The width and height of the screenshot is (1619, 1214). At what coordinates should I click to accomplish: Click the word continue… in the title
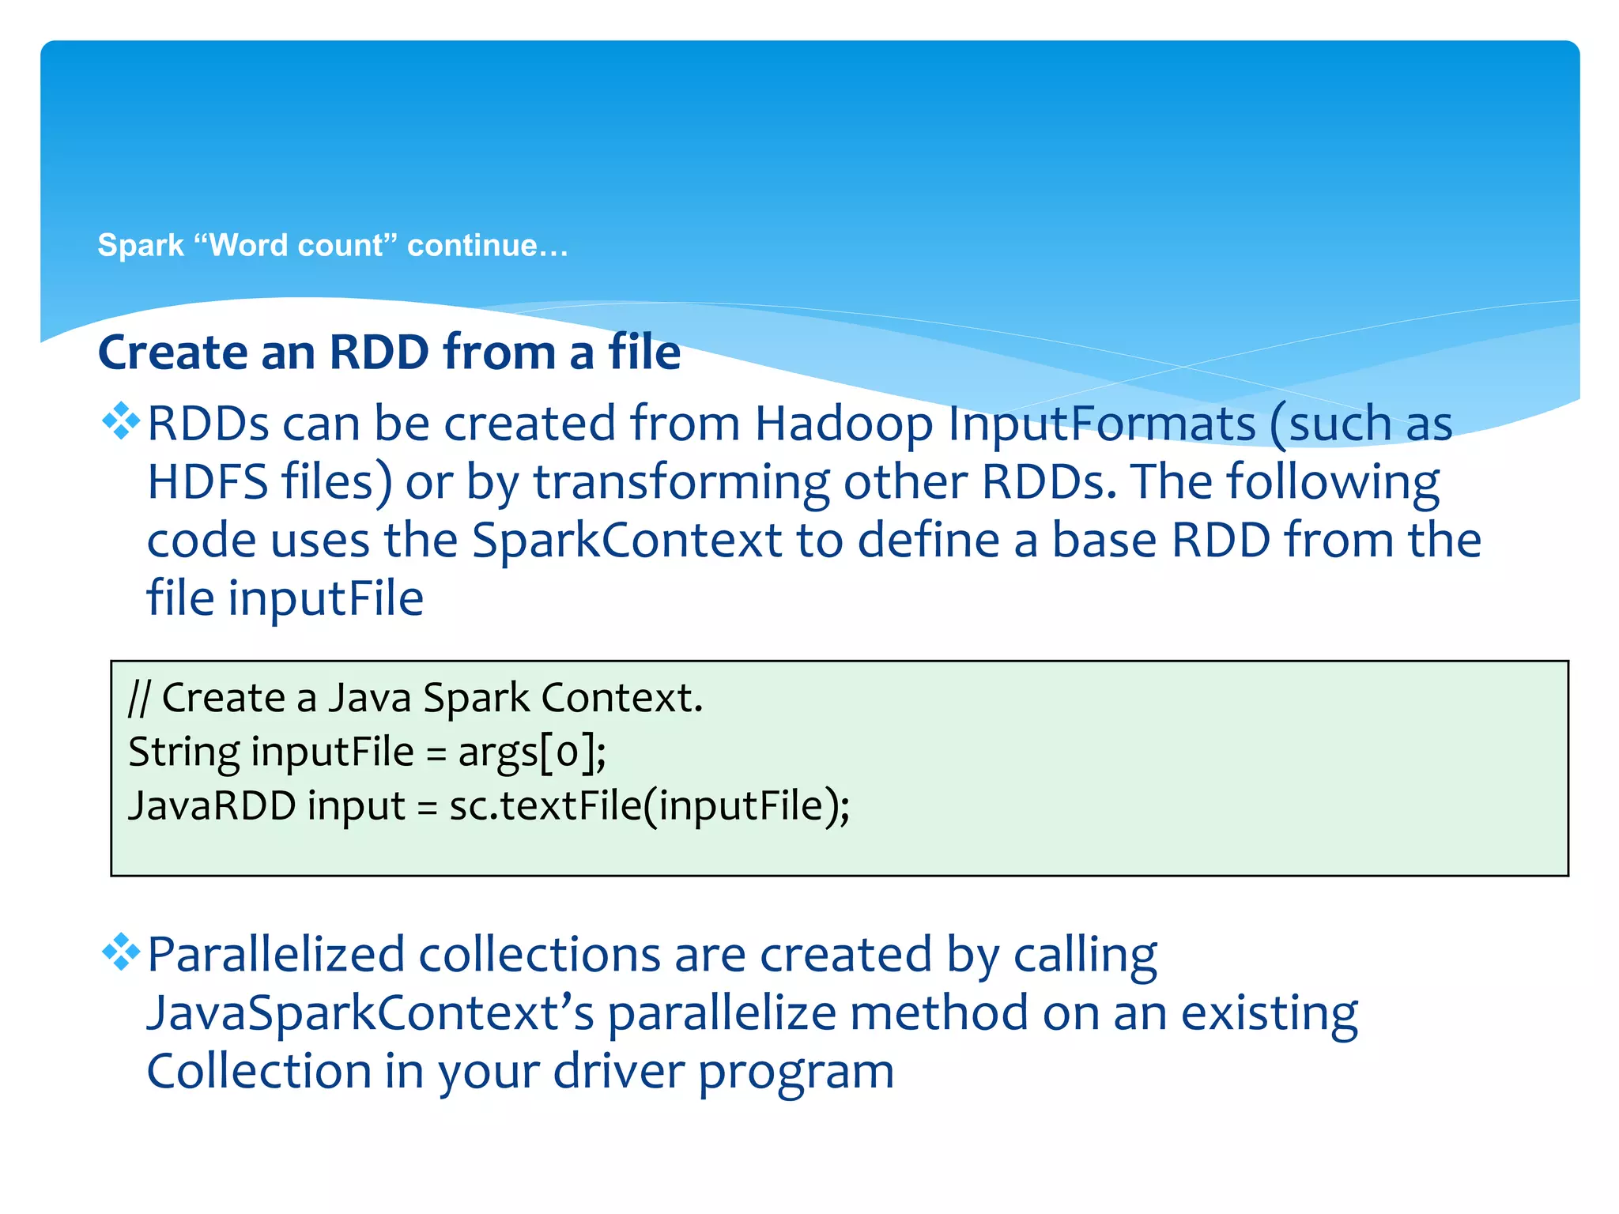click(x=488, y=246)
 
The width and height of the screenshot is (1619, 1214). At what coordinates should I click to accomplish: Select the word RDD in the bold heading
click(x=379, y=353)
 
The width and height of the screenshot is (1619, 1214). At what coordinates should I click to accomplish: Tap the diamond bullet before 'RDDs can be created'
click(x=121, y=420)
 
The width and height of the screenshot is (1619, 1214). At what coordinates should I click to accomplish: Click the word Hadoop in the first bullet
click(x=843, y=424)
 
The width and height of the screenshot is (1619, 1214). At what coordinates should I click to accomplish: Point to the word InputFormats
click(x=1101, y=424)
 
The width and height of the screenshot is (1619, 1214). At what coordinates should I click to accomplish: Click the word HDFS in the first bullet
click(x=207, y=482)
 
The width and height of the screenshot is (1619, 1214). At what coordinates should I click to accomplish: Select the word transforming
click(x=681, y=484)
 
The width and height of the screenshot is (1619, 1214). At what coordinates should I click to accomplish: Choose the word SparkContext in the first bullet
click(x=626, y=541)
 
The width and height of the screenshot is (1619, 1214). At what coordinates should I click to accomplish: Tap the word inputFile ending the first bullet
click(x=326, y=598)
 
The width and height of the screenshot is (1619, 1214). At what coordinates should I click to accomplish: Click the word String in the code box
click(x=183, y=752)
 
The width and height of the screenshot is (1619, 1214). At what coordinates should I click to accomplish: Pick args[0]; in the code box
click(x=532, y=752)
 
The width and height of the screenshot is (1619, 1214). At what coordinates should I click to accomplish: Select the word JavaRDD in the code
click(x=212, y=806)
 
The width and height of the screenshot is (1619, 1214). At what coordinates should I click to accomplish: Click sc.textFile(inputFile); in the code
click(x=649, y=806)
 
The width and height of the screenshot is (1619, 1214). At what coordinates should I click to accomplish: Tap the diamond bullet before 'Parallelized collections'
click(x=121, y=952)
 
